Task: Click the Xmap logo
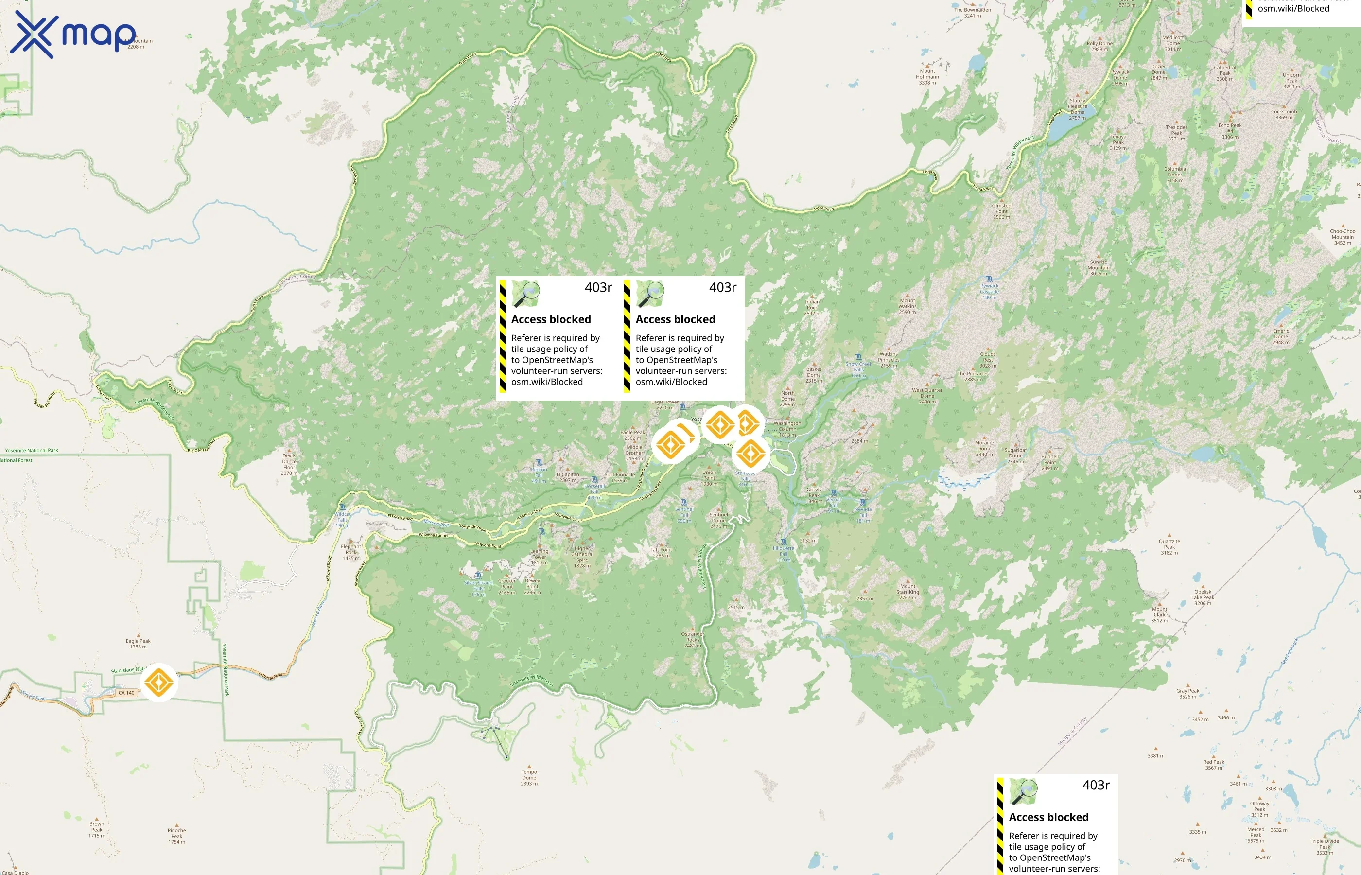(73, 34)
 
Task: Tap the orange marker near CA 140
(158, 682)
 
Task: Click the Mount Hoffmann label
(927, 77)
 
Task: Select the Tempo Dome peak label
(529, 777)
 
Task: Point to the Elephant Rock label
(351, 552)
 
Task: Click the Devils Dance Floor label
(289, 464)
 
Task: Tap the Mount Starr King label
(907, 592)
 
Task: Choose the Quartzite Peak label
(1169, 546)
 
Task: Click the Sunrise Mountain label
(1099, 268)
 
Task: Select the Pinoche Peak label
(176, 835)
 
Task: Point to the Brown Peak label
(97, 829)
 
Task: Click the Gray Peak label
(1188, 693)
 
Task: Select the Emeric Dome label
(1281, 336)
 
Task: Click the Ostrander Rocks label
(693, 639)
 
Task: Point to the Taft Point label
(661, 552)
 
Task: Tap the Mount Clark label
(1159, 614)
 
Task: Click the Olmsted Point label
(1001, 211)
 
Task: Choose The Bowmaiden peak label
(973, 13)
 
